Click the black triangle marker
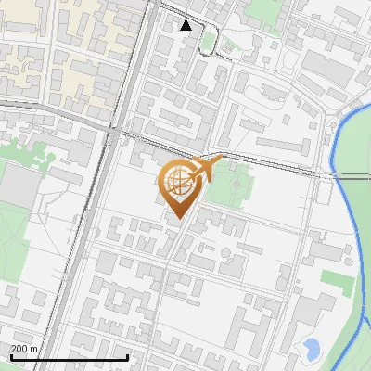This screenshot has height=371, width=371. [186, 25]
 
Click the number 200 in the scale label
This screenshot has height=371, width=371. [20, 349]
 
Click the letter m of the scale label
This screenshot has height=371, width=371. [34, 349]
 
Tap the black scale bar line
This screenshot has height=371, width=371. [69, 357]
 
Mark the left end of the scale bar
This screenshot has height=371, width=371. [10, 357]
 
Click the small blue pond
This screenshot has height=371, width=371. [312, 350]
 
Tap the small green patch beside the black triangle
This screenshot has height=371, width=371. [210, 40]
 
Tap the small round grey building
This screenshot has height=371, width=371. [201, 252]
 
